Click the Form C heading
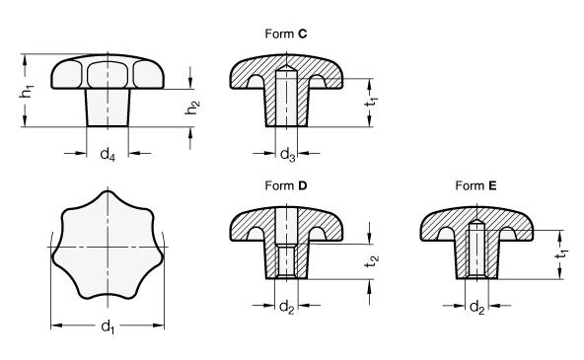(x=286, y=34)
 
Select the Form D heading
(x=286, y=185)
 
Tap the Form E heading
(x=476, y=185)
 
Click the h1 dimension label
(x=27, y=91)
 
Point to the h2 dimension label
(x=192, y=108)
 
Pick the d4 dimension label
(x=108, y=154)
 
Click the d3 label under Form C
(x=287, y=154)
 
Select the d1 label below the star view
(x=108, y=327)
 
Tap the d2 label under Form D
(x=287, y=307)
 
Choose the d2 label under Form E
(x=477, y=307)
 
